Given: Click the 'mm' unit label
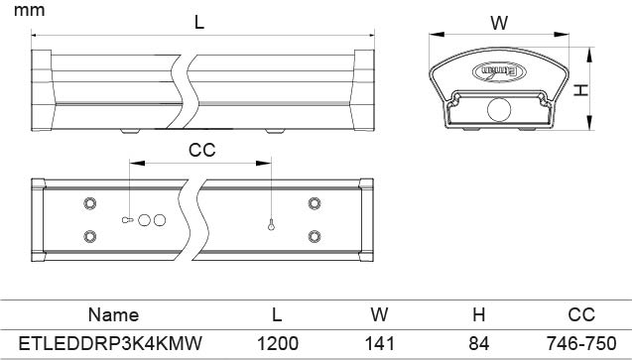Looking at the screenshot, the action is coord(29,11).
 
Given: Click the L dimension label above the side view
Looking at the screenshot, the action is coord(199,22).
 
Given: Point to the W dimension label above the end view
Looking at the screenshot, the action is coord(499,23).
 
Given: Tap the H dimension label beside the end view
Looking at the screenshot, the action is coord(580,90).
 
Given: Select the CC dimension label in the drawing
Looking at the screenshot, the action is coord(202,150).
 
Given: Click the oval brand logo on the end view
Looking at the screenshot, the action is coord(499,71).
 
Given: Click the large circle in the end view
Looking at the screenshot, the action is coord(499,109).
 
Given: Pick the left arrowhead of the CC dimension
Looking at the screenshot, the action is coord(137,163).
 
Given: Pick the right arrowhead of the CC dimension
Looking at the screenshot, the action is coord(264,163).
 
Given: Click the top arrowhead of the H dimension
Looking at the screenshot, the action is coord(589,55).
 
